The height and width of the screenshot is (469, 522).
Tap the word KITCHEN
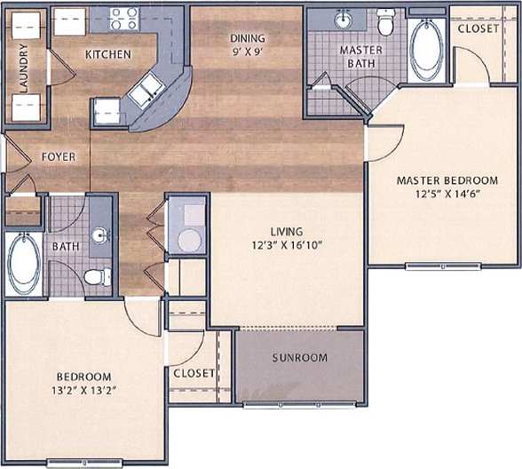tap(107, 55)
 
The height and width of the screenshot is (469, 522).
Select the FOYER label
tap(59, 157)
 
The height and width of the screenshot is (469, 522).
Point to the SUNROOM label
tap(300, 358)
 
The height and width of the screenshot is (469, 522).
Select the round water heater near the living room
tap(188, 240)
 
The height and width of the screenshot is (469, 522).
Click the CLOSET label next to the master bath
tap(478, 28)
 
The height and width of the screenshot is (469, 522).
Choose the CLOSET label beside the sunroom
tap(194, 374)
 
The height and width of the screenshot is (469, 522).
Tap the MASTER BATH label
tap(361, 57)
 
